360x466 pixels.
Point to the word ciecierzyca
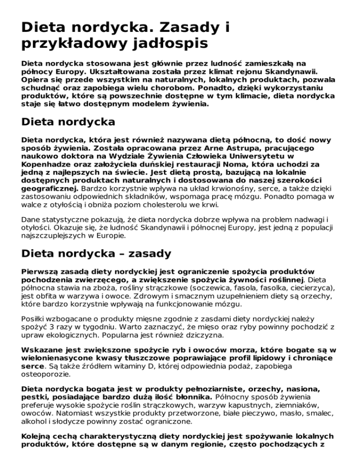[x=311, y=288]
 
